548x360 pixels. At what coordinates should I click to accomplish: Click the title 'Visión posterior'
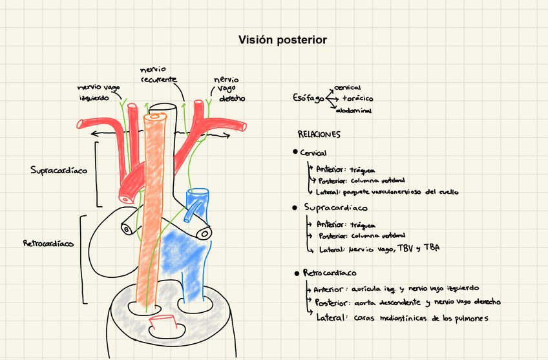tap(282, 40)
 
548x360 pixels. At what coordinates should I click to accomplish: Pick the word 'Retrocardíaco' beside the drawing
tap(47, 244)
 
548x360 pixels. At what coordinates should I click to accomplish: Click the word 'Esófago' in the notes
tap(308, 98)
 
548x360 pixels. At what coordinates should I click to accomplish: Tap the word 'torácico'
tap(357, 99)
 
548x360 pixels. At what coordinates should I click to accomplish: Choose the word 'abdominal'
tap(353, 111)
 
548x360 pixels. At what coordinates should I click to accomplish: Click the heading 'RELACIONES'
tap(319, 134)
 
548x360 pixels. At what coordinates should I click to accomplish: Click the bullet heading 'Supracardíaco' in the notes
tap(335, 208)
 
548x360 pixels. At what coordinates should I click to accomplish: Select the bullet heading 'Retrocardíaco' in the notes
tap(330, 273)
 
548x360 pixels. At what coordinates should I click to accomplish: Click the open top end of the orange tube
tap(155, 118)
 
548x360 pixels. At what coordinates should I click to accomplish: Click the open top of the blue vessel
tap(197, 193)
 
